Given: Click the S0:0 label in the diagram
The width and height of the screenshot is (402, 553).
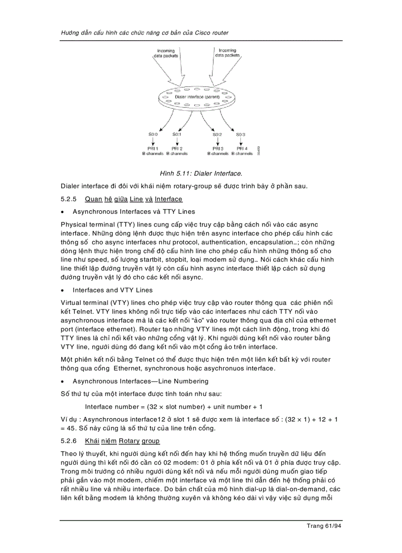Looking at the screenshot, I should pyautogui.click(x=153, y=134).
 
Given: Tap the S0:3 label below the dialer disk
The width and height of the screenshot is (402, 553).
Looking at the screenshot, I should pyautogui.click(x=240, y=134).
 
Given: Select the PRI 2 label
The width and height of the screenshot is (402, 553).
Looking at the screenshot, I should pyautogui.click(x=177, y=148).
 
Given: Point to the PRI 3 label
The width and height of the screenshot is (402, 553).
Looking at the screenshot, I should pyautogui.click(x=218, y=148).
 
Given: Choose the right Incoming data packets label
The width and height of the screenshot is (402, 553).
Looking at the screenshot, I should pyautogui.click(x=227, y=53).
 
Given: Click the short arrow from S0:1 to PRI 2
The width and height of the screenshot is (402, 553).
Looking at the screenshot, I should pyautogui.click(x=177, y=141).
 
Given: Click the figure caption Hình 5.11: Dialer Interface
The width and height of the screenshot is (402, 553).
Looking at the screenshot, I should pyautogui.click(x=201, y=173).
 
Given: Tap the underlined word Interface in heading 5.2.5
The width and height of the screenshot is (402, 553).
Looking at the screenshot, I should pyautogui.click(x=168, y=199).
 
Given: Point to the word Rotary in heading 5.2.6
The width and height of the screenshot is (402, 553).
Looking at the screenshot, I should pyautogui.click(x=129, y=441).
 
